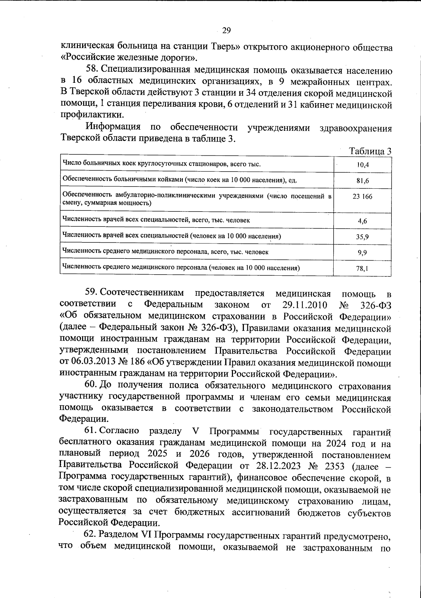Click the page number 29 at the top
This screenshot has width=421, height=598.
(x=226, y=31)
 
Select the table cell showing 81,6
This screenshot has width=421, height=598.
(x=362, y=181)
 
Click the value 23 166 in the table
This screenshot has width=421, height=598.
(x=362, y=196)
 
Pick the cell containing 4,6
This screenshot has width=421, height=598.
(x=362, y=221)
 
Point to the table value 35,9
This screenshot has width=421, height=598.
(x=362, y=237)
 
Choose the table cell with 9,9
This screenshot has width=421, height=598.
(x=362, y=253)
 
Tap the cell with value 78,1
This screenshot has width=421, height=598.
(x=362, y=269)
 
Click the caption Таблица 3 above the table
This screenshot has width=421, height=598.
(x=370, y=151)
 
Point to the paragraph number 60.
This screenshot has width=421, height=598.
(x=92, y=385)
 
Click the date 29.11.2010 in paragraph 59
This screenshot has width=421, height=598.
(x=305, y=304)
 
